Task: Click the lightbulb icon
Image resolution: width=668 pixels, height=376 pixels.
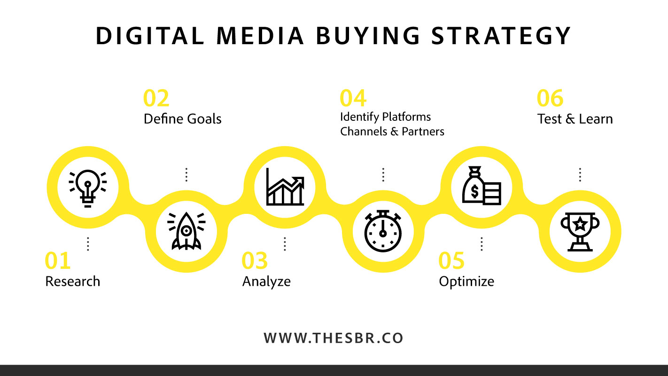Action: click(x=88, y=188)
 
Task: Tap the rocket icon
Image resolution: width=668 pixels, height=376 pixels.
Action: click(x=186, y=231)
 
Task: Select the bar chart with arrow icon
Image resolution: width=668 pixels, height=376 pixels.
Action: click(x=285, y=187)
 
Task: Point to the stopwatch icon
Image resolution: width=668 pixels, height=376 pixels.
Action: click(x=383, y=231)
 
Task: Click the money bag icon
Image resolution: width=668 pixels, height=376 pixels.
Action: click(x=482, y=185)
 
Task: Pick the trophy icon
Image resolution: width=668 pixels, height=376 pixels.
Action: click(x=580, y=232)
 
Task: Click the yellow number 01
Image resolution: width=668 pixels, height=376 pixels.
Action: click(x=58, y=260)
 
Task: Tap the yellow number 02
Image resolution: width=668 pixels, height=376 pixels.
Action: click(x=156, y=98)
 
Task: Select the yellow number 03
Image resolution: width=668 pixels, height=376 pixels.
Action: click(x=255, y=260)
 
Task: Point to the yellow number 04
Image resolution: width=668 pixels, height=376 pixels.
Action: click(x=353, y=98)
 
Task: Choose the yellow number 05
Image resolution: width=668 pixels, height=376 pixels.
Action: click(x=451, y=260)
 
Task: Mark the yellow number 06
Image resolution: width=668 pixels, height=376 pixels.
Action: click(x=550, y=98)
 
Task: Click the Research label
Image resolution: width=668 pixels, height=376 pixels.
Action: click(x=72, y=282)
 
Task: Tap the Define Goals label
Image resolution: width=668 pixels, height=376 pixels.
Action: click(x=183, y=119)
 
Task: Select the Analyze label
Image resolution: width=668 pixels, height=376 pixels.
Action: click(x=266, y=282)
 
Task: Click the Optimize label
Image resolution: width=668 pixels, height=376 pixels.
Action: click(x=466, y=282)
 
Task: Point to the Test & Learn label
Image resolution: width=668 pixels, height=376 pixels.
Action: click(x=575, y=119)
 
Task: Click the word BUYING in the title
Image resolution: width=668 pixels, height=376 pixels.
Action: click(x=368, y=36)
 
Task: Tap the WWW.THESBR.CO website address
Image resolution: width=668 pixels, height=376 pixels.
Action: click(x=334, y=338)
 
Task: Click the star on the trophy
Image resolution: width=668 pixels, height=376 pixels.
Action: click(x=580, y=224)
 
